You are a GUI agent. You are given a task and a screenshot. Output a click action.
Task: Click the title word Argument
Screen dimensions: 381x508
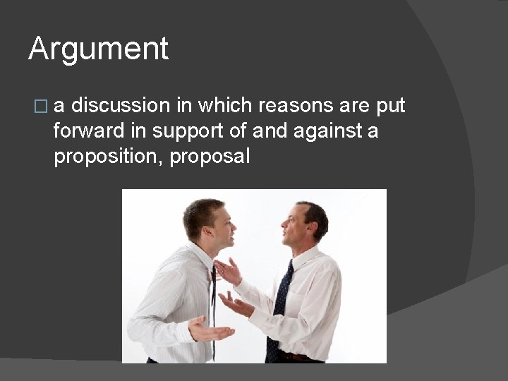[x=98, y=49]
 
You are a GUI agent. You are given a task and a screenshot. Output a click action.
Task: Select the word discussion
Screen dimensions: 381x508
[x=121, y=106]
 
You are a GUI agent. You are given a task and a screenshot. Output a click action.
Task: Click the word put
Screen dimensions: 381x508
[x=390, y=106]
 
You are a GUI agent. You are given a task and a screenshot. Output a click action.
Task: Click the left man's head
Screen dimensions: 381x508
[x=207, y=222]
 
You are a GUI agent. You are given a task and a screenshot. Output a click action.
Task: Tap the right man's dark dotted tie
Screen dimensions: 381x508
[x=279, y=310]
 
